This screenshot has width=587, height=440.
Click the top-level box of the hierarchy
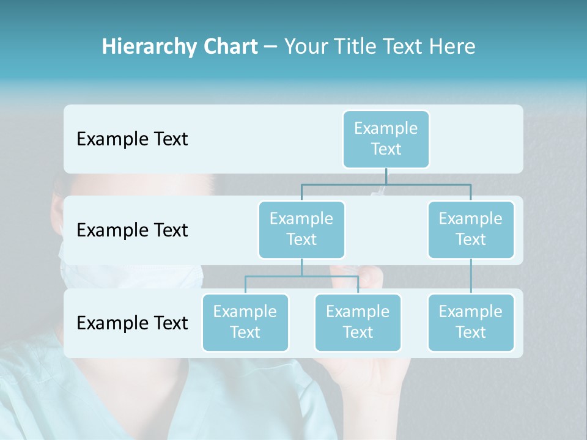click(x=386, y=139)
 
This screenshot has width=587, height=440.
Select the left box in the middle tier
click(x=301, y=229)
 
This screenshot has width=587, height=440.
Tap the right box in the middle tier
click(x=471, y=229)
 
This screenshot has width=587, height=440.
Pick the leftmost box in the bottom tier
click(x=245, y=322)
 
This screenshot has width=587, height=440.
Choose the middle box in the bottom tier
click(x=358, y=322)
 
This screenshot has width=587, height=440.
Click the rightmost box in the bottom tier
click(x=471, y=322)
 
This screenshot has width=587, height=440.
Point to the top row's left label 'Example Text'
click(x=132, y=139)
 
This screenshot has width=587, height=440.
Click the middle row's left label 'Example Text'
click(x=132, y=230)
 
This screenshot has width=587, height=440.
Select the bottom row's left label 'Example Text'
click(x=132, y=323)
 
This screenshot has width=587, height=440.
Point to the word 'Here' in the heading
click(x=452, y=46)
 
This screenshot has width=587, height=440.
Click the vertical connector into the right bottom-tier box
click(x=471, y=276)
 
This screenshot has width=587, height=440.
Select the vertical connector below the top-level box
click(x=386, y=175)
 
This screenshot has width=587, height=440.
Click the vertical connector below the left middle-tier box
click(x=301, y=267)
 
